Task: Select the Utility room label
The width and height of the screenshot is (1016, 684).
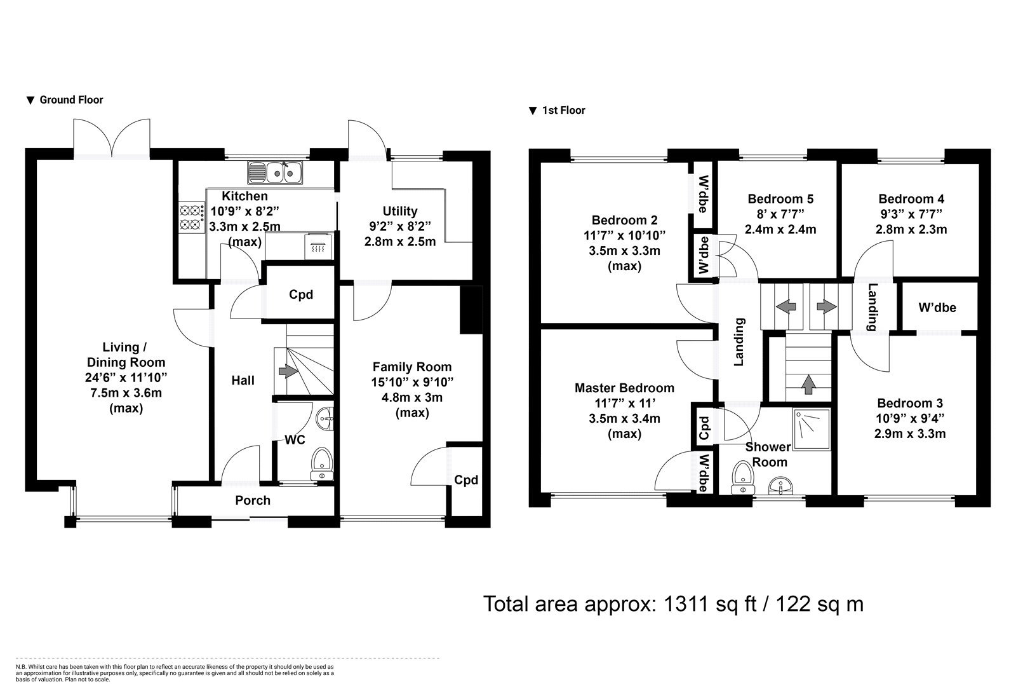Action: (400, 211)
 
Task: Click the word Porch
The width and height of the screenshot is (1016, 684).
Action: (253, 500)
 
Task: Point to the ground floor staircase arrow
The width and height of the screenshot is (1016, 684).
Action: (289, 371)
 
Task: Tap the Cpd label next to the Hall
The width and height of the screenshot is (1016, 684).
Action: (301, 295)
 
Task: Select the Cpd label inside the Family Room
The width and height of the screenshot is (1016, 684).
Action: (466, 480)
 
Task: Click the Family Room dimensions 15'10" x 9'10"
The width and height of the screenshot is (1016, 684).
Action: (412, 382)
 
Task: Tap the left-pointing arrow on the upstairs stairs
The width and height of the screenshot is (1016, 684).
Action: (785, 306)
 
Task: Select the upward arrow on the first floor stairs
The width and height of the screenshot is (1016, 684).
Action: (808, 383)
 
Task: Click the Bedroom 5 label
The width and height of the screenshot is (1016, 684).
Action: (780, 199)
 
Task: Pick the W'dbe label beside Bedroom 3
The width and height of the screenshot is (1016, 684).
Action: (937, 308)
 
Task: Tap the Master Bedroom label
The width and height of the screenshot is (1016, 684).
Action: (624, 388)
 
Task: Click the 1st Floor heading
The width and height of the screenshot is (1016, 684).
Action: (563, 111)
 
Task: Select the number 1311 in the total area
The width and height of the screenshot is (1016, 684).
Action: (686, 603)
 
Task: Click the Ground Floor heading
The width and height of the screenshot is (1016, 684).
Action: (71, 100)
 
